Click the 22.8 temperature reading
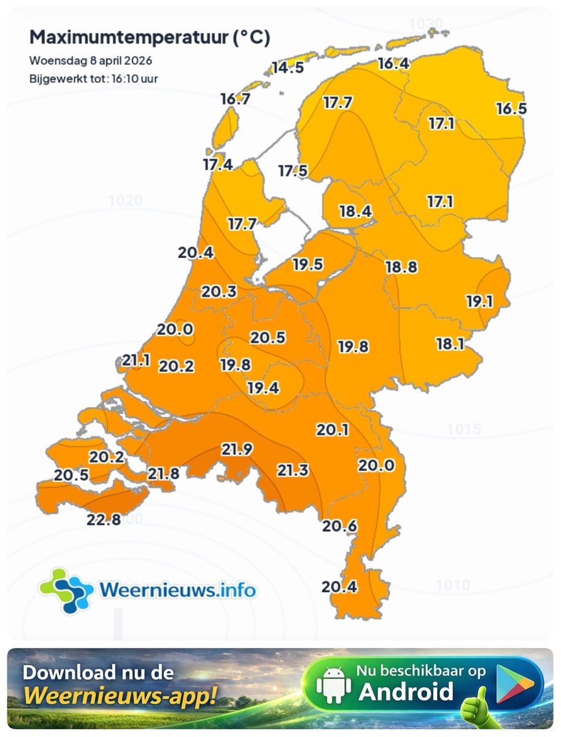coord(103,520)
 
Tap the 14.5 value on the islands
coord(288,68)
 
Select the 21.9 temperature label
coord(237,450)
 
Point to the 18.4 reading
coord(355,212)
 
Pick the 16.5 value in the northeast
coord(511,109)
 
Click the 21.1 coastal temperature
coord(136,361)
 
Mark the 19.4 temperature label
coord(263,388)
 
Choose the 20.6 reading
coord(340,526)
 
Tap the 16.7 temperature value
coord(235,99)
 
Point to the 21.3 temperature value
coord(293,470)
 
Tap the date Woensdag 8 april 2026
coord(91,61)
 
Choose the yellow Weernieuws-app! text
coord(120,696)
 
